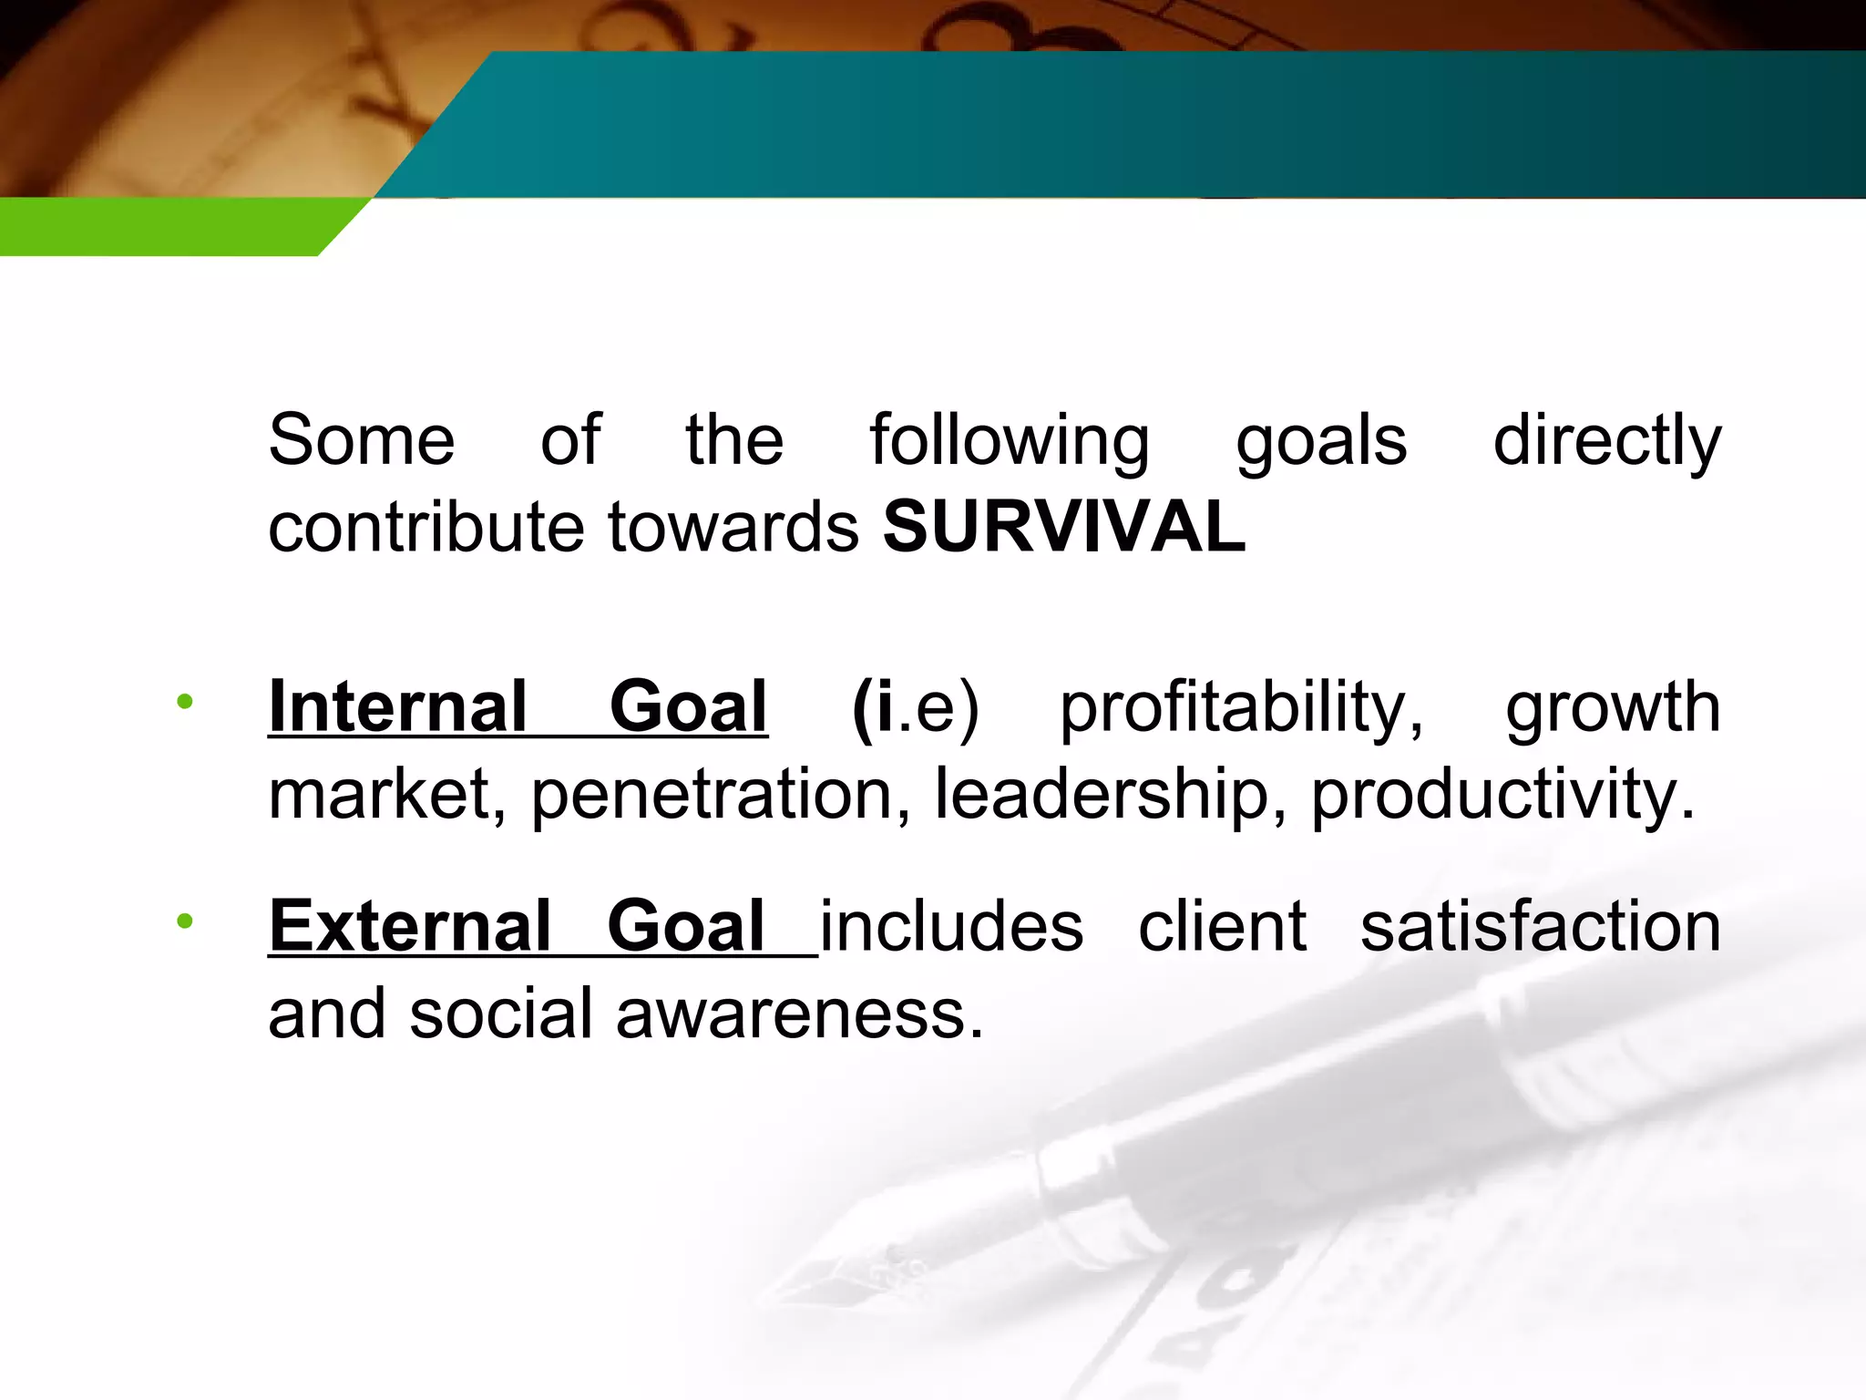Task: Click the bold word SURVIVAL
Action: coord(1063,527)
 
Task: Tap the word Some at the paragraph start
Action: coord(362,440)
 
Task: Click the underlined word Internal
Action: coord(397,706)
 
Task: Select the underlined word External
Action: coord(410,926)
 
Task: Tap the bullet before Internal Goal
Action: coord(185,701)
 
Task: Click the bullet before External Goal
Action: coord(185,921)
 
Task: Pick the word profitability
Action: coord(1241,708)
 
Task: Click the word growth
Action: coord(1613,708)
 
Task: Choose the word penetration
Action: coord(721,794)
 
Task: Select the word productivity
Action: coord(1502,794)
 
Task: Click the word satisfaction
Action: coord(1540,926)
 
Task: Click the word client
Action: coord(1222,926)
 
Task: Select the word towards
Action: coord(733,527)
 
